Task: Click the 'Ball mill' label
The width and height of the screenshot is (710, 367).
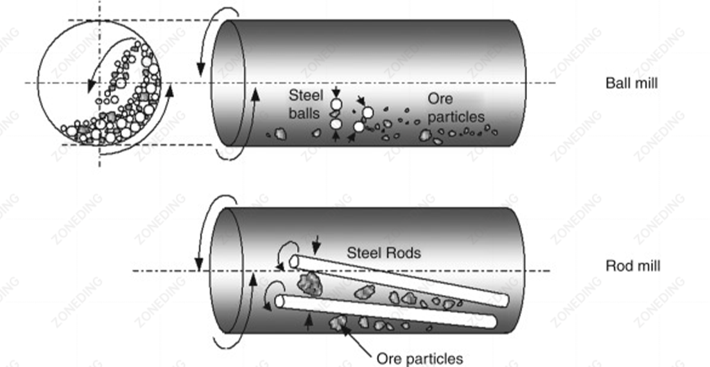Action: click(x=631, y=84)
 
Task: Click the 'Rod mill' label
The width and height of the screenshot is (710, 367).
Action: click(x=632, y=266)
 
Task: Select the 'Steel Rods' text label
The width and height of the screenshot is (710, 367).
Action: click(x=383, y=253)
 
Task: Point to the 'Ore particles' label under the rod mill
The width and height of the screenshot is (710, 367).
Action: click(x=419, y=359)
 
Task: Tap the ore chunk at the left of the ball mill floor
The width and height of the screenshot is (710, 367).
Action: click(x=279, y=134)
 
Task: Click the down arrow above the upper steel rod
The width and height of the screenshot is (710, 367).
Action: click(x=317, y=244)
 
